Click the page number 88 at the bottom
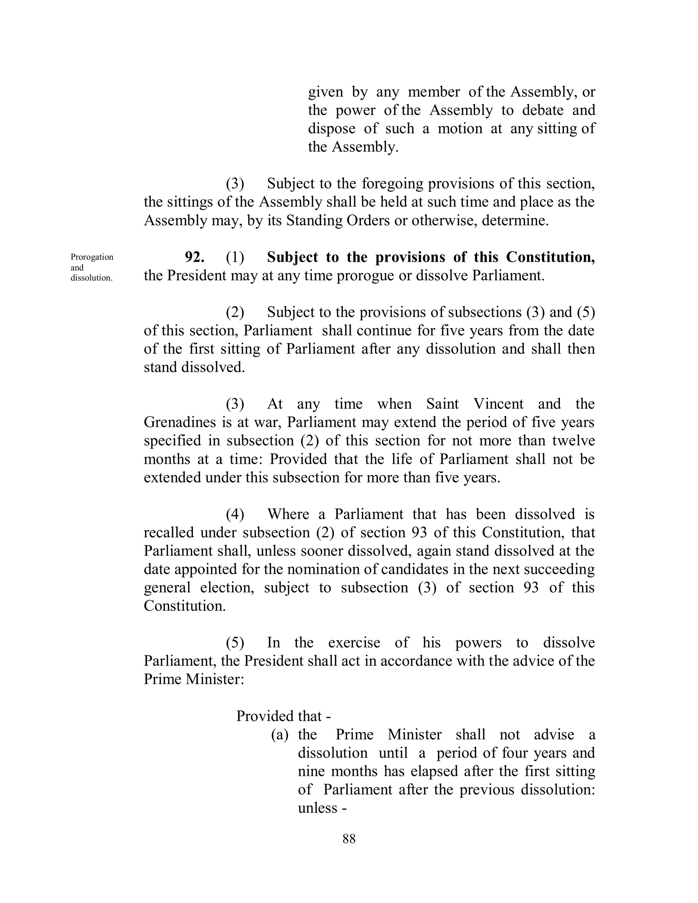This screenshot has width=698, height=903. [x=349, y=839]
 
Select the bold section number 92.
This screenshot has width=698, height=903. [x=194, y=258]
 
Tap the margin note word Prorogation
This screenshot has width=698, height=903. [x=92, y=257]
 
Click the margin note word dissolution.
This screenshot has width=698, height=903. [x=91, y=278]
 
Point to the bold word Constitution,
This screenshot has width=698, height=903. [x=550, y=258]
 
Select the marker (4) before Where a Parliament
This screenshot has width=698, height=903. [x=235, y=514]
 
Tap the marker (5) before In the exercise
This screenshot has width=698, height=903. [x=235, y=643]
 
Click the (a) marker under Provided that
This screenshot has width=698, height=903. [x=279, y=735]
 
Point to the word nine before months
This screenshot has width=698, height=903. [x=310, y=771]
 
